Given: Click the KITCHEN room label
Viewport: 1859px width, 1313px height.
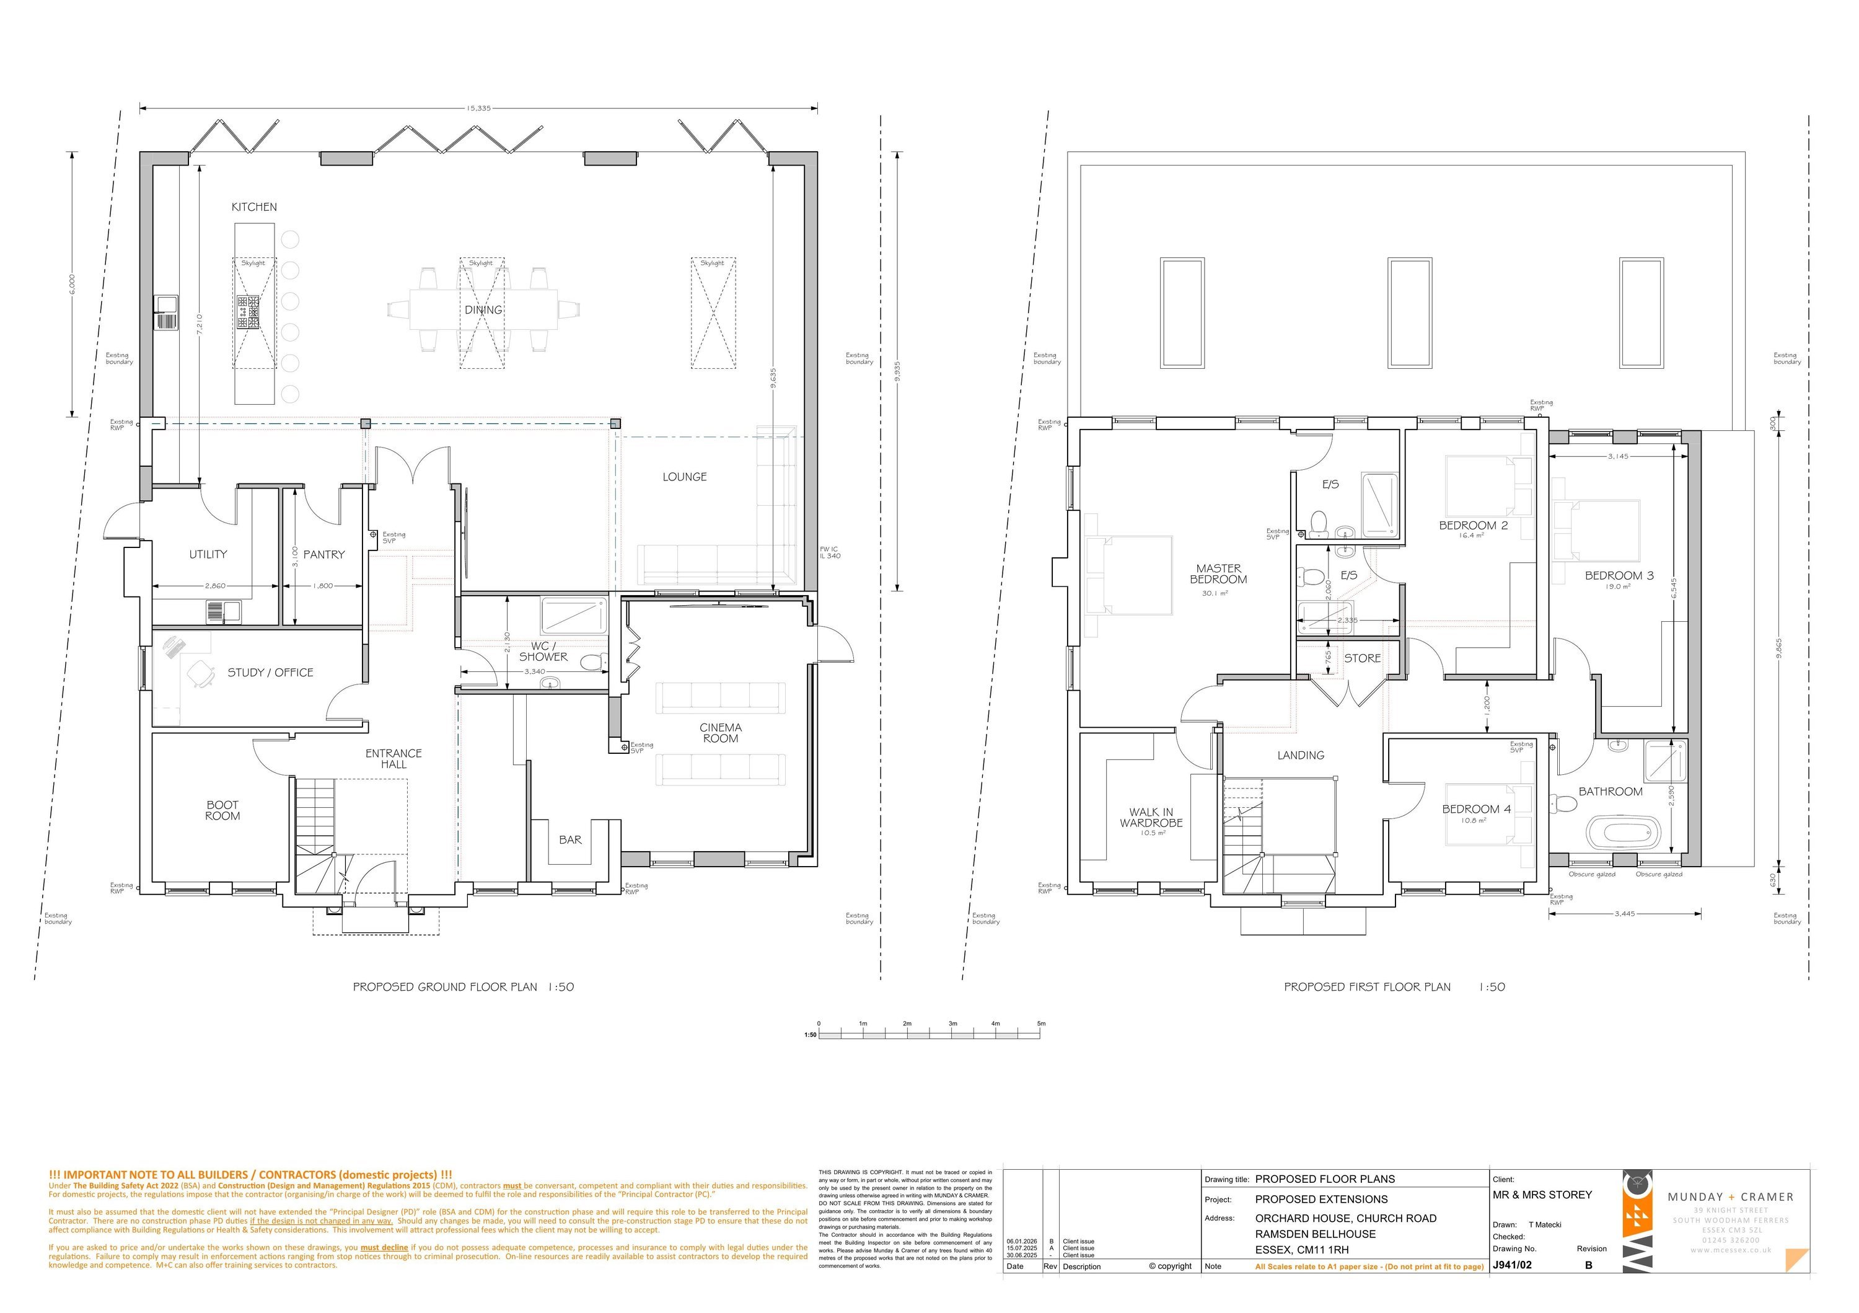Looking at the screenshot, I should tap(254, 207).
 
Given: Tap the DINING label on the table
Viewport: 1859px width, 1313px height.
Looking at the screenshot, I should tap(483, 310).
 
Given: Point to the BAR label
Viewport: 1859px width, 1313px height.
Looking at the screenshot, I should tap(570, 840).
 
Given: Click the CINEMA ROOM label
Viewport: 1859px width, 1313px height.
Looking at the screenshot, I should tap(721, 733).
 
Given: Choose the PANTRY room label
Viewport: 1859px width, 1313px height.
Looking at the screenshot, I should tap(324, 555).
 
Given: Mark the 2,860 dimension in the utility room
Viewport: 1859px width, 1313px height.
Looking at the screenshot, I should tap(216, 586).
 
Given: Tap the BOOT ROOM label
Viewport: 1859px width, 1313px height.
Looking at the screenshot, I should tap(222, 811).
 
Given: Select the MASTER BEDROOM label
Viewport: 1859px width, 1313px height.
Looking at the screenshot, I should tap(1218, 574).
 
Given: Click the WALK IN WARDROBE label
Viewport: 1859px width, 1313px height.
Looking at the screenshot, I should tap(1151, 817).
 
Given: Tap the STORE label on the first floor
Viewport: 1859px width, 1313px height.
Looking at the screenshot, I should tap(1362, 658).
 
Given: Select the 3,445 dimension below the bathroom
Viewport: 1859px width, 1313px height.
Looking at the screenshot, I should tap(1624, 914).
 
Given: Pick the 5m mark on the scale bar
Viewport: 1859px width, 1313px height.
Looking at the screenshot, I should tap(1041, 1024).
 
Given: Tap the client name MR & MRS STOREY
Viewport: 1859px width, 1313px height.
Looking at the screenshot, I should tap(1542, 1195).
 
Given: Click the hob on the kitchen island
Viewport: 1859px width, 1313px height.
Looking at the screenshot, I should tap(248, 311).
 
